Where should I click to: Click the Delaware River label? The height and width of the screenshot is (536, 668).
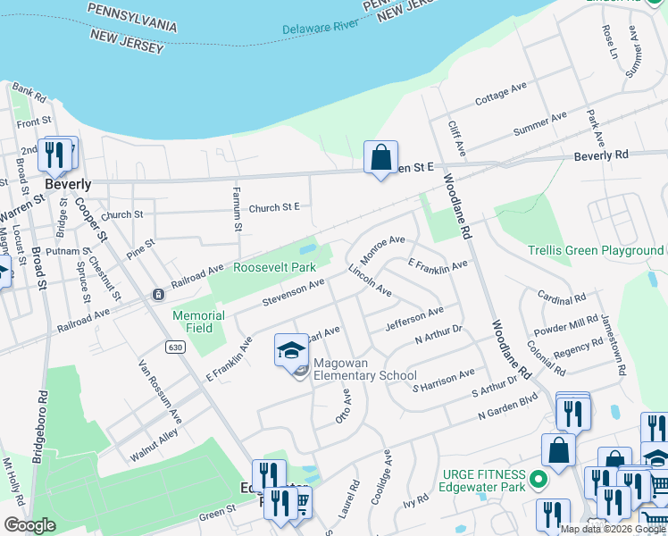(x=319, y=27)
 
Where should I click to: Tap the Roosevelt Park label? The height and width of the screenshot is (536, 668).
(x=275, y=267)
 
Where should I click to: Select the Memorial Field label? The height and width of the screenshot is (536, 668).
(x=198, y=322)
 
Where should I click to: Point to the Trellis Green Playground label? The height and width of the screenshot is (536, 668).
(x=596, y=251)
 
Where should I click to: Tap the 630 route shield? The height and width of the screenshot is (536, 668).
(x=174, y=346)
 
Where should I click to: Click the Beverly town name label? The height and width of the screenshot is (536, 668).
(x=68, y=184)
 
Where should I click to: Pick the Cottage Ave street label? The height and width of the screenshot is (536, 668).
(x=501, y=95)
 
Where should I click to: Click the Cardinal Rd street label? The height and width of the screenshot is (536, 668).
(x=561, y=296)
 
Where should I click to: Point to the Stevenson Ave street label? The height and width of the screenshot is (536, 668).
(x=293, y=292)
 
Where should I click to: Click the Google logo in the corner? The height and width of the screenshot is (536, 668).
(x=30, y=525)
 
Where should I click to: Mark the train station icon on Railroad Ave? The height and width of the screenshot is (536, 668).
(x=158, y=294)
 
